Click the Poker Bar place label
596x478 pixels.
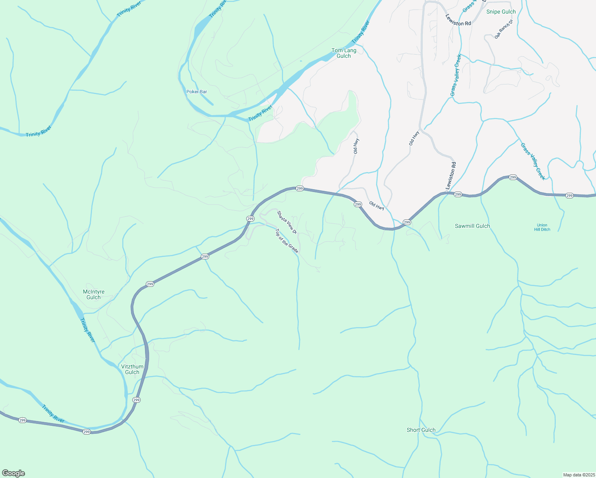197,92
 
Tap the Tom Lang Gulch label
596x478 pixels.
344,53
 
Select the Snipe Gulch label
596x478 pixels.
501,12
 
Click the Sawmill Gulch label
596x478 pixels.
472,226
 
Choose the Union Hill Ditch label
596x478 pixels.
542,227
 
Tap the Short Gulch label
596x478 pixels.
421,430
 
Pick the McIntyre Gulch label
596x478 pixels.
94,294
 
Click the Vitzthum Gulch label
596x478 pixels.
132,369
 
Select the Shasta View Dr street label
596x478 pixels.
287,222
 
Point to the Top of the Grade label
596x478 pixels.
287,241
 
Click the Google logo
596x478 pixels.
14,473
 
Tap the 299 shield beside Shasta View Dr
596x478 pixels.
250,219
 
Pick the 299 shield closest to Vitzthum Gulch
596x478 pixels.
137,400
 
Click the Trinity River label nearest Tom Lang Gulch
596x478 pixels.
361,33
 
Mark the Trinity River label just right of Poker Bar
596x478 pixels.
260,114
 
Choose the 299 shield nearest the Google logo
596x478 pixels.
23,420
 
